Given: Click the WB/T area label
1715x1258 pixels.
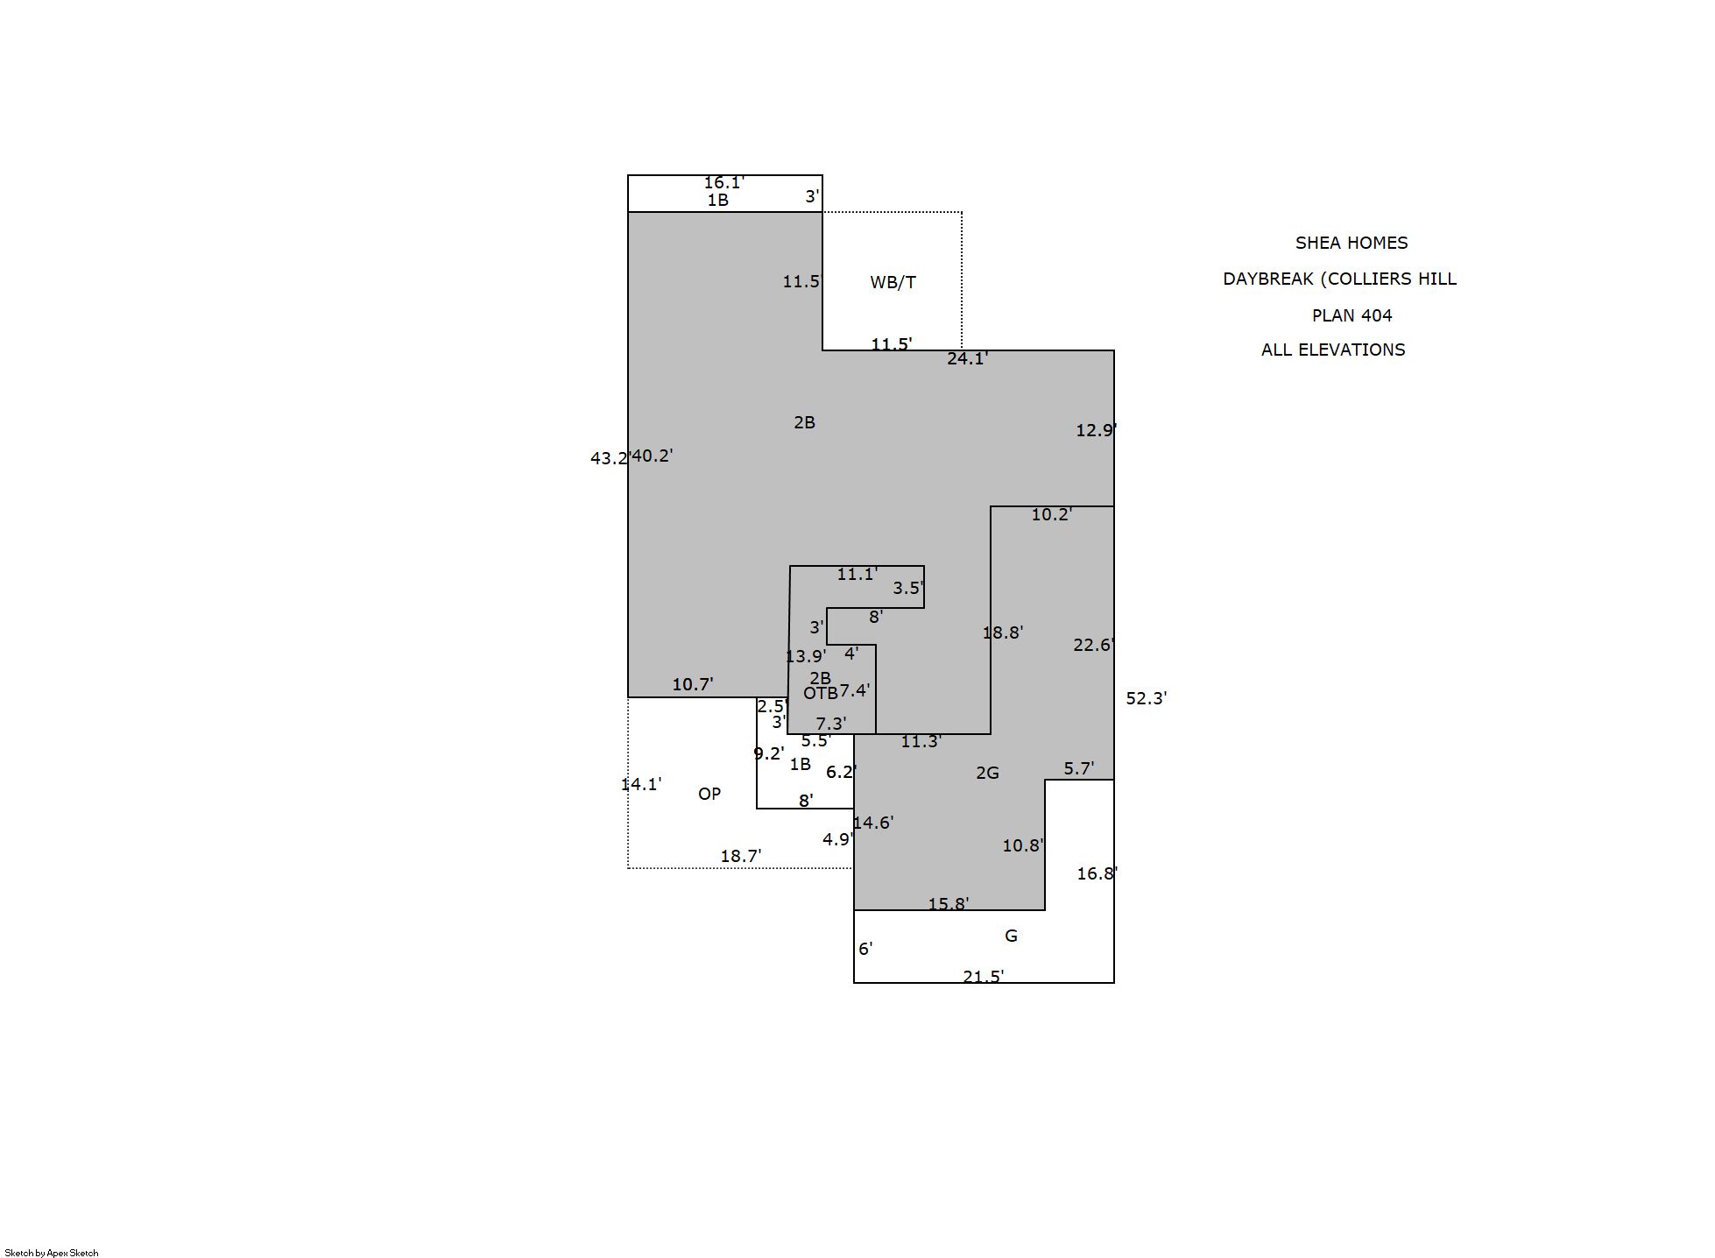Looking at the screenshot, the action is point(893,282).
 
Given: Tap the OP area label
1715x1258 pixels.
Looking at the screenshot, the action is point(709,794).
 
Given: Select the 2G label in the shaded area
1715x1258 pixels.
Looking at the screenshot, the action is point(987,773).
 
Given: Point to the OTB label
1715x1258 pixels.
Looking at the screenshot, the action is point(821,693).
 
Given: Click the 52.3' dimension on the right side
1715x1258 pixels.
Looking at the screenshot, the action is point(1147,698).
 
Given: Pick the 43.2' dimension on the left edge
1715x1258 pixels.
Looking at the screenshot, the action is point(610,458).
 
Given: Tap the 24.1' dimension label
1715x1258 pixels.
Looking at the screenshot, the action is point(968,358).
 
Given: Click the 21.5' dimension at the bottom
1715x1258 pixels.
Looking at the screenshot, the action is point(984,976).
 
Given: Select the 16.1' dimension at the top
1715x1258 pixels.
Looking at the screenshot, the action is point(724,182).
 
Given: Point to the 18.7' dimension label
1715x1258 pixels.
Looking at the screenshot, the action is point(741,856).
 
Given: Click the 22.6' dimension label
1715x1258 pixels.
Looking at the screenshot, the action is point(1094,645).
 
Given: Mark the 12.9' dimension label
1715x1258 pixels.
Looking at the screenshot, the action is point(1097,430).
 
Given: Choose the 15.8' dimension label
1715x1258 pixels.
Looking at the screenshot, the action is point(949,903).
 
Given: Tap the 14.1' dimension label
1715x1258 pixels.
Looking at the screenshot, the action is point(641,784).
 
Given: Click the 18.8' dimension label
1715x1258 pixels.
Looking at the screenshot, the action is point(1003,633).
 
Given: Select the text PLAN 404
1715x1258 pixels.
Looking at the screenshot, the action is point(1352,315).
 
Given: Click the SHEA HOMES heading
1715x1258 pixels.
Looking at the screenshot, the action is point(1352,243).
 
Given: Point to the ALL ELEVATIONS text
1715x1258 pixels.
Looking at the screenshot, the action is point(1333,350).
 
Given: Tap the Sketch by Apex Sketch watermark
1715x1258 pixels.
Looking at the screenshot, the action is point(52,1253).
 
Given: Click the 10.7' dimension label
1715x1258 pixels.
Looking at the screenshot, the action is point(693,684).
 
